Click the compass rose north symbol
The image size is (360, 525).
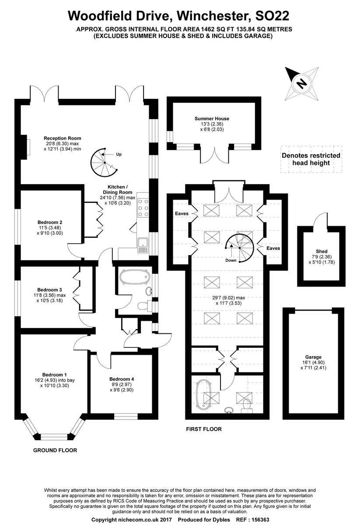(x=301, y=83)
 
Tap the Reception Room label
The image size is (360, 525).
(x=63, y=138)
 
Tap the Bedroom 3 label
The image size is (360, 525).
(x=49, y=290)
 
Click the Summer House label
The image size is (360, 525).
(x=212, y=119)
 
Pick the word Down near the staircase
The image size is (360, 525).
(x=231, y=260)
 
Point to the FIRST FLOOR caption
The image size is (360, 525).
(x=203, y=429)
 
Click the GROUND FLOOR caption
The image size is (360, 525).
(x=55, y=450)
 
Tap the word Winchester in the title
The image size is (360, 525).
(x=201, y=16)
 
